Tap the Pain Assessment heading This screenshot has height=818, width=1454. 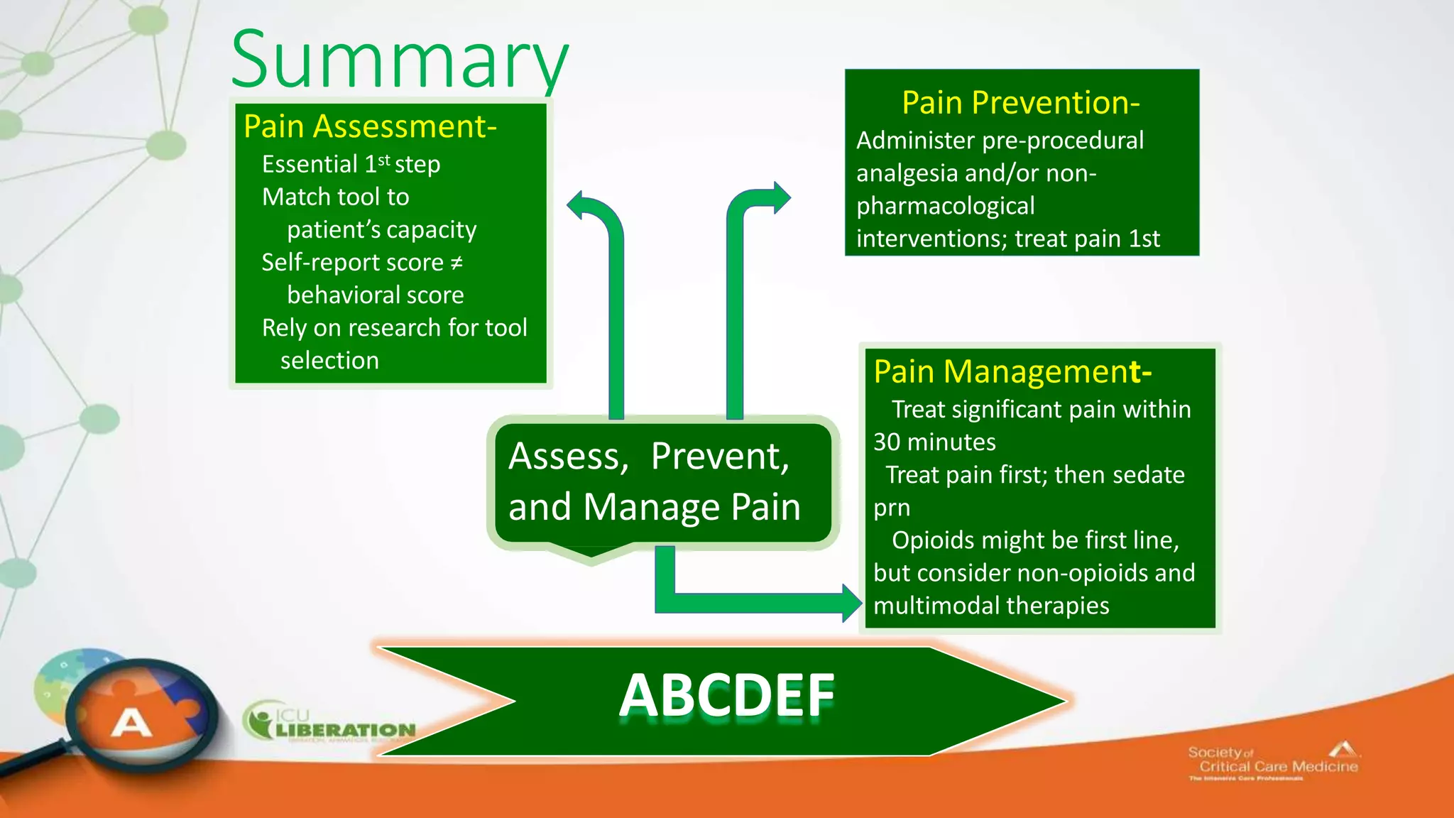369,126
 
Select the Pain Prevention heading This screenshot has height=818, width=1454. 1020,103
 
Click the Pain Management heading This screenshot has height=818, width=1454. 1011,371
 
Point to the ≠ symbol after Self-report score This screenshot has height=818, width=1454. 457,263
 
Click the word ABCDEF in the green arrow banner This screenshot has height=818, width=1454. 726,696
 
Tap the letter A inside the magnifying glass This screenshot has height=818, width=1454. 131,724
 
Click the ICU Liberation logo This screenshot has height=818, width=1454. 330,723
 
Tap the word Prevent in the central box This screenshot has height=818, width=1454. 718,456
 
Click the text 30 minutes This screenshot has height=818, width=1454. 934,442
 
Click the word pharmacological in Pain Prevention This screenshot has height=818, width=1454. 945,206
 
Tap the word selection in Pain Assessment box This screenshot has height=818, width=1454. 329,361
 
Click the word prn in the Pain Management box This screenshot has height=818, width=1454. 891,508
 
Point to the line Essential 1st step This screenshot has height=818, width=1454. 351,164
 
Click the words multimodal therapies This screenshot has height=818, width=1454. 991,606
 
